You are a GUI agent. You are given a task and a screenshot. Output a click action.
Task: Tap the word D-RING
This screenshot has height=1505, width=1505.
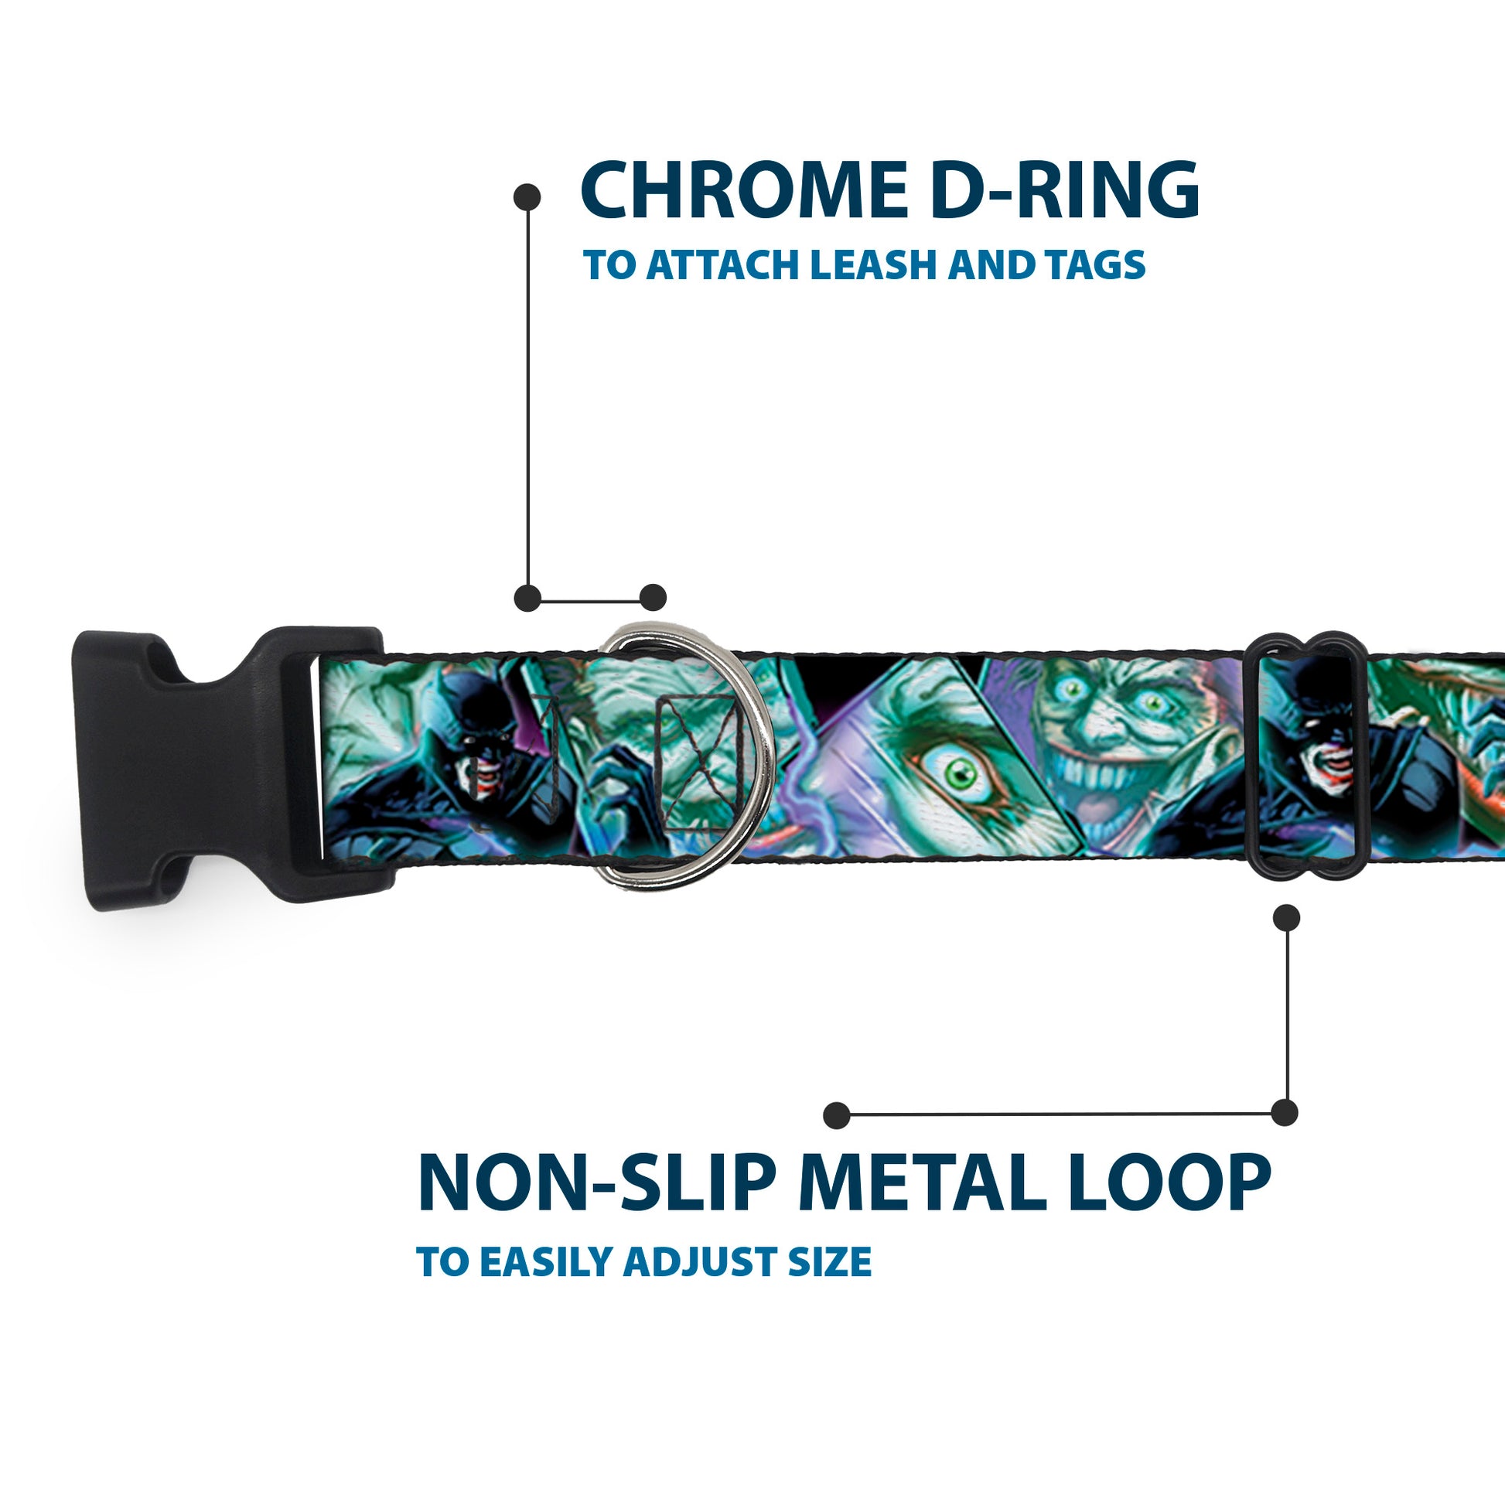[1064, 190]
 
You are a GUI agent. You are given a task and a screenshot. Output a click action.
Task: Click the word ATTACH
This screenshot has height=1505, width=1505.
[722, 265]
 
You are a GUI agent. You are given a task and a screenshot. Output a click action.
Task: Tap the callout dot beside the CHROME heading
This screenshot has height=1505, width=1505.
[527, 196]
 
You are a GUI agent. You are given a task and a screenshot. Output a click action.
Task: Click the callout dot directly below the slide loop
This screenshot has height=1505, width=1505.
[1286, 918]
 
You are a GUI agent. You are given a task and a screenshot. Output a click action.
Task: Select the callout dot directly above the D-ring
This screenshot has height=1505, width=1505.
[653, 598]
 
